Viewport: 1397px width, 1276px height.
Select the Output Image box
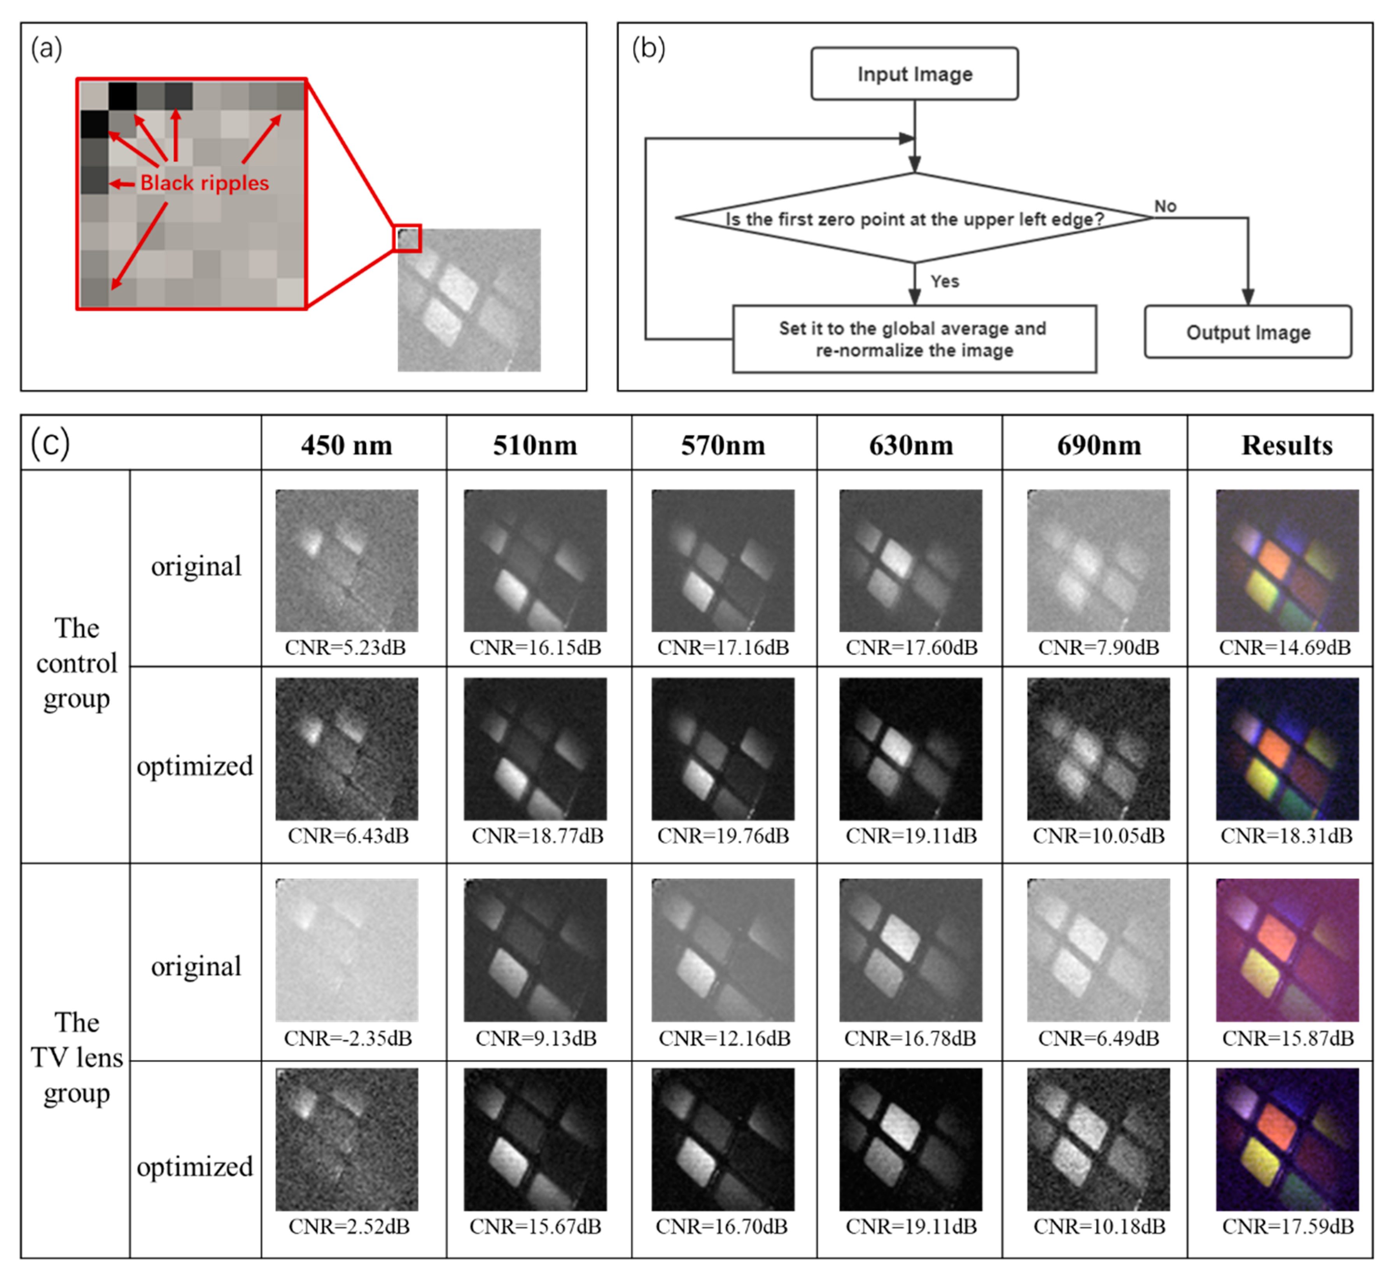point(1247,332)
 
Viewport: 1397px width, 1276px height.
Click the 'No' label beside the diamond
point(1165,206)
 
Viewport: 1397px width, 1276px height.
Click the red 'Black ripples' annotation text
point(205,183)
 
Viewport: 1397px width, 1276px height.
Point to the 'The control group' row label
point(76,663)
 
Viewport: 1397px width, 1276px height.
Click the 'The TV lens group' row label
point(76,1058)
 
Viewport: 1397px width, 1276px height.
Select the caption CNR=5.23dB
point(345,648)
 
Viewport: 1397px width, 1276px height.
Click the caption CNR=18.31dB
point(1286,836)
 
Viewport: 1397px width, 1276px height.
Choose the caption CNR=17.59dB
point(1287,1227)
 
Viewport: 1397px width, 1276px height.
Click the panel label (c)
point(50,444)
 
